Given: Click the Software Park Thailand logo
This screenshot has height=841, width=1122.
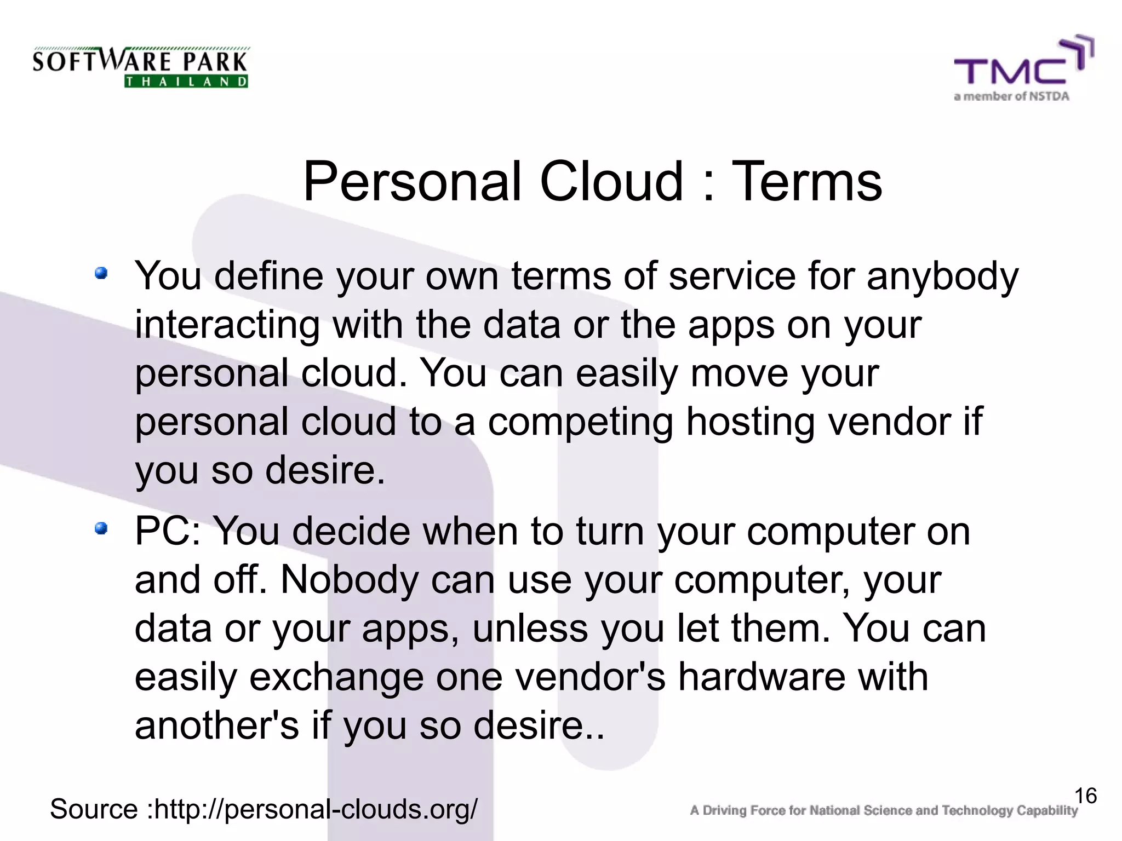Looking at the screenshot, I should point(140,67).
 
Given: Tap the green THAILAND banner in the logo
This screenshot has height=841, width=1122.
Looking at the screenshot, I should point(186,82).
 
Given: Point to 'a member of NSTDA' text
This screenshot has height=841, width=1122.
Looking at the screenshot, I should point(1011,97).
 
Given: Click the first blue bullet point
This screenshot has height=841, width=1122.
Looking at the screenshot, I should point(101,273).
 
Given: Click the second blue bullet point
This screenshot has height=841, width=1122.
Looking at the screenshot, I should point(101,528).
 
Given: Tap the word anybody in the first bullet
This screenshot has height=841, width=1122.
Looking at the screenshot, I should point(942,277).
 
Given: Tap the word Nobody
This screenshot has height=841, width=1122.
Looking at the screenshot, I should point(349,580).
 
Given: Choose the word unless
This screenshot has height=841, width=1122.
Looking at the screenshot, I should point(530,629).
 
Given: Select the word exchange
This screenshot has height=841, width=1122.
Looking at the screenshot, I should point(336,678).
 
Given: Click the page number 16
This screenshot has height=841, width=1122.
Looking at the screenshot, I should point(1085,796).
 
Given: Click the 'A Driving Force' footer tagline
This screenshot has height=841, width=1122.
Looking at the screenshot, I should point(883,810).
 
